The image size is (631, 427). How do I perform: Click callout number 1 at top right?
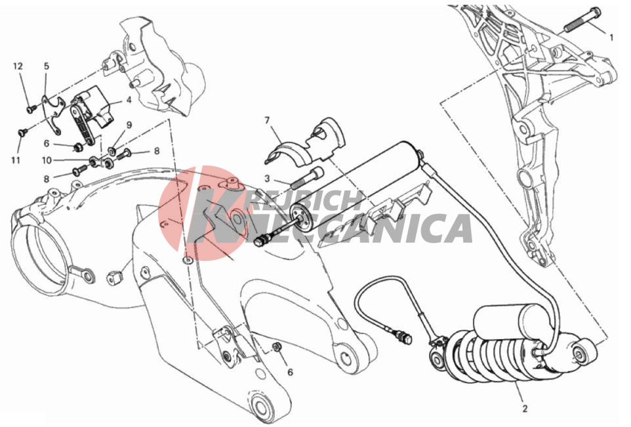click(x=612, y=37)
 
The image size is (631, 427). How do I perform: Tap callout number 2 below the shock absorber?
click(x=525, y=409)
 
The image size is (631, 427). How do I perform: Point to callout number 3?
click(x=267, y=179)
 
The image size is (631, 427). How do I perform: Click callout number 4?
click(x=129, y=100)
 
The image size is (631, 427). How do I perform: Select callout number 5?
click(x=47, y=66)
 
